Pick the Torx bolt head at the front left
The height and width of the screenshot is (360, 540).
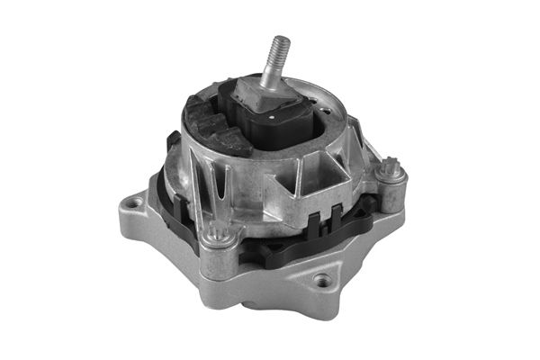pos(215,238)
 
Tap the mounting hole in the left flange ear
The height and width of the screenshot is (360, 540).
pos(134,204)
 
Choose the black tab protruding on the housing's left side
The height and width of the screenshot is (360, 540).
pos(170,142)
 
